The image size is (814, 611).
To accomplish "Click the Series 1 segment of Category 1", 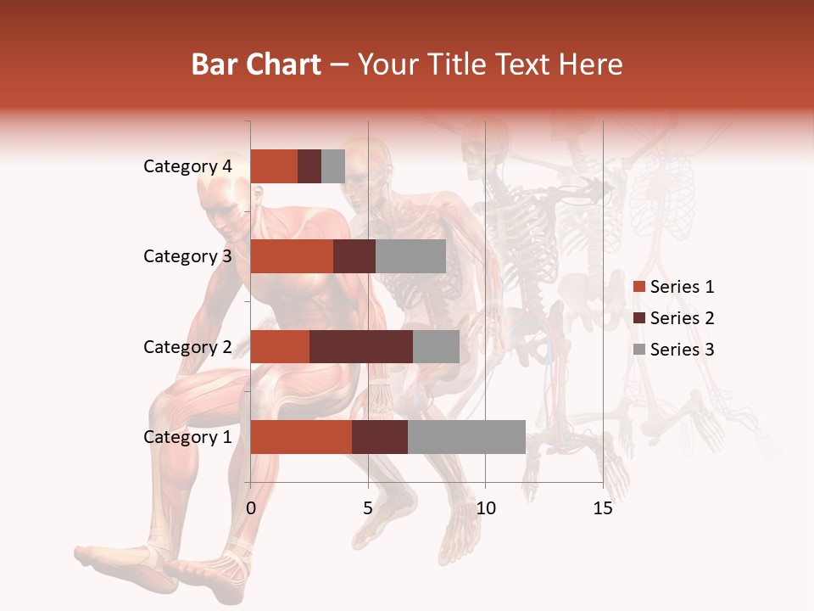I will coord(301,437).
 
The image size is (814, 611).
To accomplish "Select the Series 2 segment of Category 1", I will coord(380,437).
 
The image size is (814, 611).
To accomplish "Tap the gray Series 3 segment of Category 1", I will coord(466,437).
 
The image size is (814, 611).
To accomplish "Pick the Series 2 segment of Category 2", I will coord(361,346).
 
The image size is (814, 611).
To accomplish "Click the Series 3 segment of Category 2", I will coord(436,346).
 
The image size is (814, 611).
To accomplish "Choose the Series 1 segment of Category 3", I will coord(292,256).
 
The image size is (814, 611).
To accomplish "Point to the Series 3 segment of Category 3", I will coord(410,256).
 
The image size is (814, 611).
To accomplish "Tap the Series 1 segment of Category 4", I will coord(274,166).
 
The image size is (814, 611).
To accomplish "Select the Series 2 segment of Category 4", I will coord(309,166).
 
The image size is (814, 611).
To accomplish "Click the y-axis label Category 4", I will coord(187,166).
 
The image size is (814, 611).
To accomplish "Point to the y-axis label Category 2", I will coord(187,346).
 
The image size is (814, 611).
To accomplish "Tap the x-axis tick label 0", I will coord(251,508).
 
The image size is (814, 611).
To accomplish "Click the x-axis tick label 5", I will coord(368,508).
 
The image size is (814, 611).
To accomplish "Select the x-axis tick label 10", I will coord(485,508).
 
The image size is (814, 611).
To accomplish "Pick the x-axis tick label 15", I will coord(603,508).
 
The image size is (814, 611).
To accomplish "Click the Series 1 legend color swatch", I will coord(638,287).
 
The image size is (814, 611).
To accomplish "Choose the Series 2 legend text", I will coord(682,318).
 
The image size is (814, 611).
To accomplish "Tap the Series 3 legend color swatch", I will coord(638,350).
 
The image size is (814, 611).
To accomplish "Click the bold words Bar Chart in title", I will coord(256,64).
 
